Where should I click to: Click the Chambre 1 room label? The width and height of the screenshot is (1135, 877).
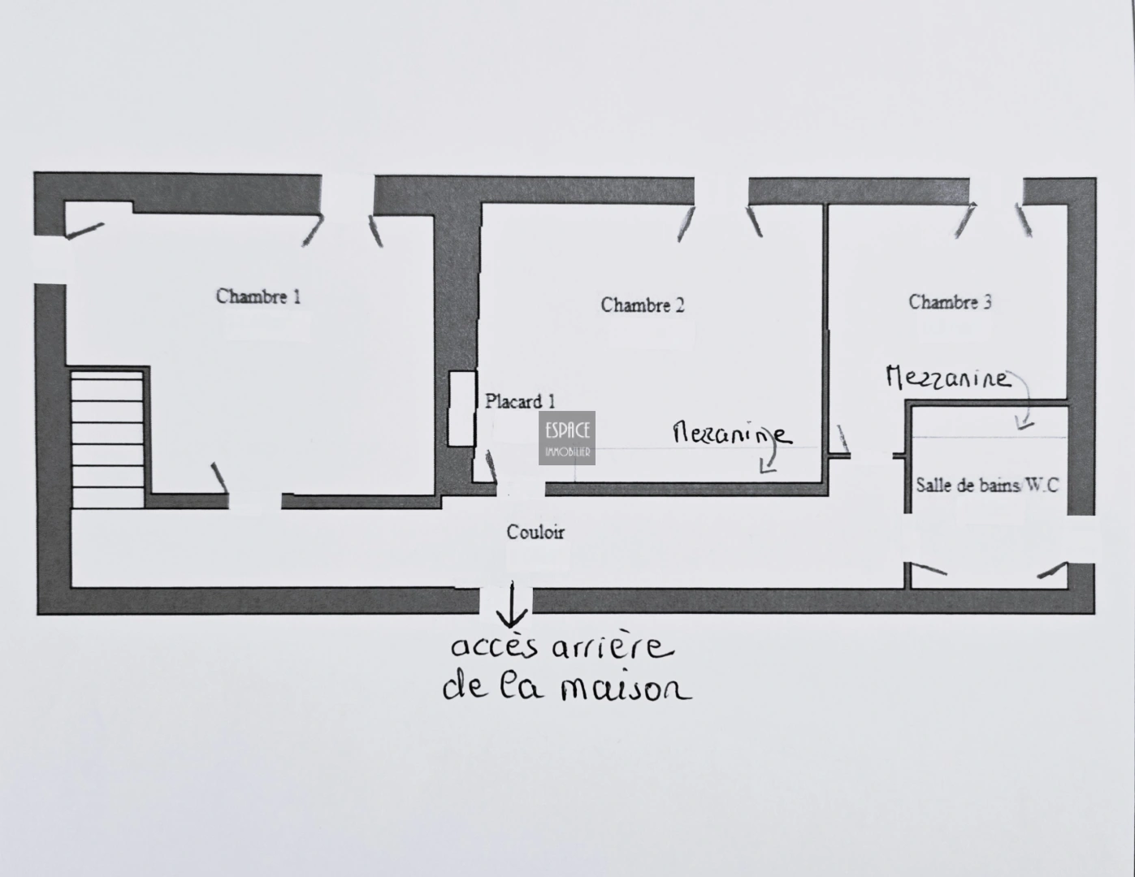pyautogui.click(x=258, y=296)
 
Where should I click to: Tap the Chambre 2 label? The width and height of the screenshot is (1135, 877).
pyautogui.click(x=643, y=305)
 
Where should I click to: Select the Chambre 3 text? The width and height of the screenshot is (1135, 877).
pyautogui.click(x=950, y=302)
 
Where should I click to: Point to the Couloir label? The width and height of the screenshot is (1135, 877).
pyautogui.click(x=535, y=532)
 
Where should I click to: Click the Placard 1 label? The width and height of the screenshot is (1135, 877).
pyautogui.click(x=520, y=401)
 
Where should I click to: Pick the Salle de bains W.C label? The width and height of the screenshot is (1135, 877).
pyautogui.click(x=987, y=486)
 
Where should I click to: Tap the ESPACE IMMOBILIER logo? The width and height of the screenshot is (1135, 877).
pyautogui.click(x=567, y=438)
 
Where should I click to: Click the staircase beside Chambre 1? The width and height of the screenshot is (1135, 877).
pyautogui.click(x=107, y=439)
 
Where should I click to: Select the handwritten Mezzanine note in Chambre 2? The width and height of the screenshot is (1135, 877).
pyautogui.click(x=733, y=434)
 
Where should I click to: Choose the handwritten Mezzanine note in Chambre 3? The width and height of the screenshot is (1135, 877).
pyautogui.click(x=948, y=378)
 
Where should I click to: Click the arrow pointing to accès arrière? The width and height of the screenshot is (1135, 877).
pyautogui.click(x=512, y=604)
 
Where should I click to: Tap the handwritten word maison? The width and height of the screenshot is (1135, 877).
pyautogui.click(x=626, y=690)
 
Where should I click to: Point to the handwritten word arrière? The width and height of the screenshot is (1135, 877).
pyautogui.click(x=613, y=648)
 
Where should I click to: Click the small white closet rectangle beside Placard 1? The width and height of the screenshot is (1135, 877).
pyautogui.click(x=461, y=408)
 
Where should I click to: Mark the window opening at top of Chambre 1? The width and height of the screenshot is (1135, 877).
pyautogui.click(x=348, y=194)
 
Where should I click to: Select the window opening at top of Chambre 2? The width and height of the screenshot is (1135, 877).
pyautogui.click(x=721, y=191)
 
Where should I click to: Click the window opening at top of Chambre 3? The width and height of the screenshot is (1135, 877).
pyautogui.click(x=997, y=191)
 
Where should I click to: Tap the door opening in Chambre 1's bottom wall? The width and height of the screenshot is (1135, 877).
pyautogui.click(x=255, y=501)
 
